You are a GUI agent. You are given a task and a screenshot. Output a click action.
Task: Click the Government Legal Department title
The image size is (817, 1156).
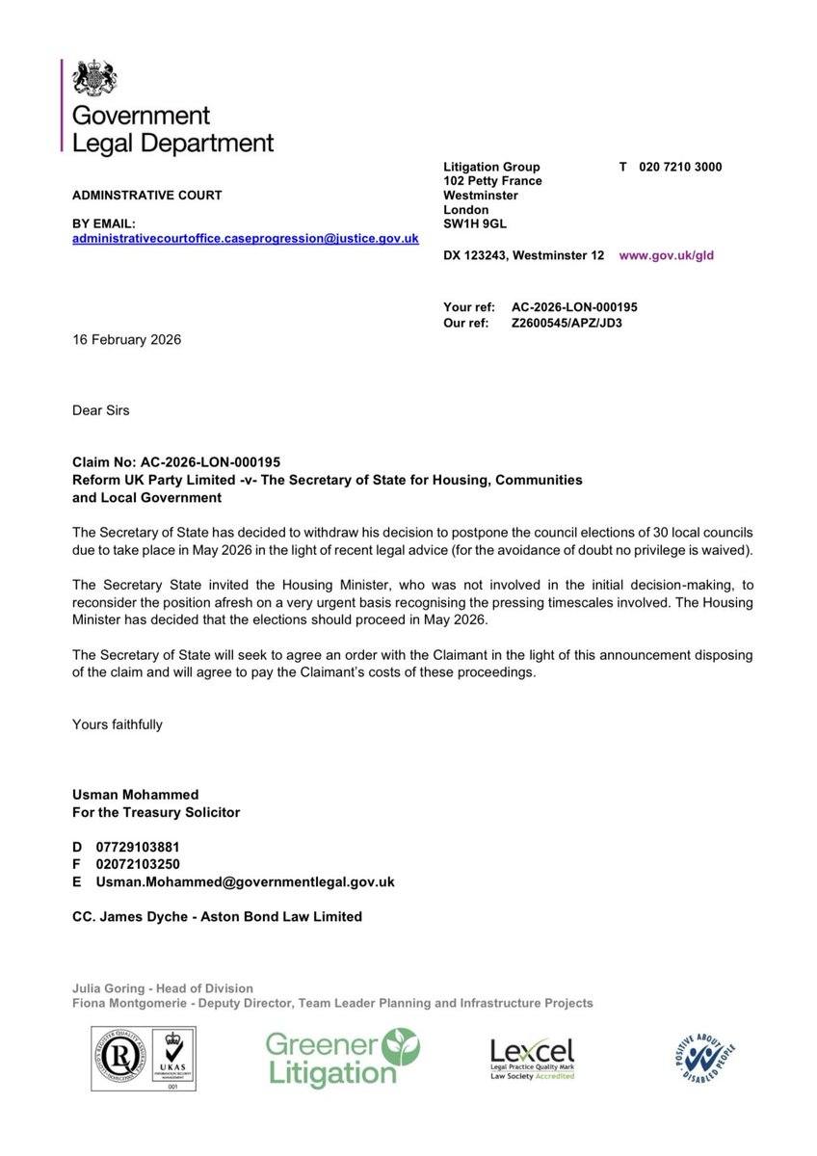pos(172,129)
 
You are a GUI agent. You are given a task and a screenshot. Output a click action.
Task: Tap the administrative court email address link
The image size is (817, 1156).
pos(246,238)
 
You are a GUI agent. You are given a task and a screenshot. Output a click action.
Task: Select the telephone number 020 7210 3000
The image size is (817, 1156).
pos(680,167)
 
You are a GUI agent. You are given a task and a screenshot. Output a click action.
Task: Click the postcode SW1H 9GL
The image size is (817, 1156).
pos(474,223)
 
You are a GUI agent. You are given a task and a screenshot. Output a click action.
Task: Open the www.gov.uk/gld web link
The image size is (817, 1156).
pos(666,255)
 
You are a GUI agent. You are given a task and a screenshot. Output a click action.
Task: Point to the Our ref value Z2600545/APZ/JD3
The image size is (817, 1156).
pos(567,323)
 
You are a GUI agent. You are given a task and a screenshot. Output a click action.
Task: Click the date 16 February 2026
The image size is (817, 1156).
pos(126,340)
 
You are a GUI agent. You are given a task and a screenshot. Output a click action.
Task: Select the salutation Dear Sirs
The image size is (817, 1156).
pos(100,410)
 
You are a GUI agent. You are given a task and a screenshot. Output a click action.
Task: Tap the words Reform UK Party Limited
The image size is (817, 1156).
pos(155,480)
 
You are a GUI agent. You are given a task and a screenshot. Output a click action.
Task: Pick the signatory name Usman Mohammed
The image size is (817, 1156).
pos(135,795)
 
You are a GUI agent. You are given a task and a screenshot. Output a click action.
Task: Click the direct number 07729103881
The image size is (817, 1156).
pos(138,847)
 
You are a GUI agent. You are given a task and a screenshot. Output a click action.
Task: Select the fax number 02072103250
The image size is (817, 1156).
pos(138,864)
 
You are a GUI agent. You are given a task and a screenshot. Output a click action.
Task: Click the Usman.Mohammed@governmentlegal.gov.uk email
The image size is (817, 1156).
pos(245,881)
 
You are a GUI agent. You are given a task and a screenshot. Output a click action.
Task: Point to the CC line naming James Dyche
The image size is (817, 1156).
pos(217,917)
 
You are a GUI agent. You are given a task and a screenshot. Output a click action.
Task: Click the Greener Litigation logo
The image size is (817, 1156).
pos(342,1057)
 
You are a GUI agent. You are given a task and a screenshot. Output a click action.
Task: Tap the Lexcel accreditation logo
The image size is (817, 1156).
pos(532,1058)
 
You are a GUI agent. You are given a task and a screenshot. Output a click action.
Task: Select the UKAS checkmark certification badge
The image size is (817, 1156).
pos(172,1056)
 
